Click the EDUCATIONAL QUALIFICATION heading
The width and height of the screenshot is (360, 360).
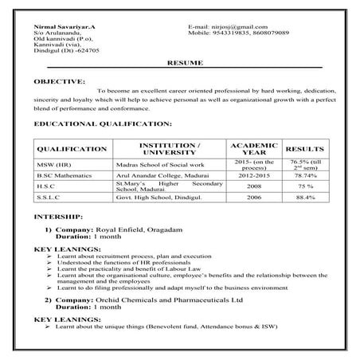tap(102, 124)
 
